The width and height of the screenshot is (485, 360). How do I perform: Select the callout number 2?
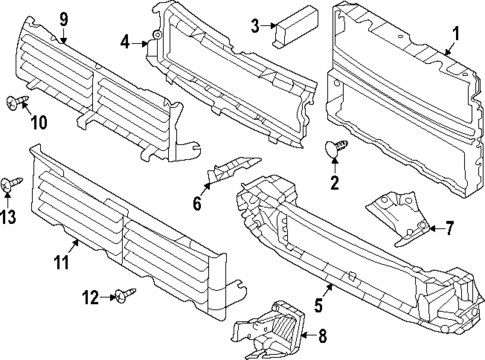click(x=335, y=182)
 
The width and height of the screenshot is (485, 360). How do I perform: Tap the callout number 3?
click(x=255, y=25)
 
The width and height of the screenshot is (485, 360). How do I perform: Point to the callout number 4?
click(x=125, y=42)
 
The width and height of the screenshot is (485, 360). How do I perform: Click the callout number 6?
click(x=197, y=203)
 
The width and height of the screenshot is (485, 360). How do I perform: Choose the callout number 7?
click(x=448, y=228)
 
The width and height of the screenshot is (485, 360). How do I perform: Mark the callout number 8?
click(x=321, y=337)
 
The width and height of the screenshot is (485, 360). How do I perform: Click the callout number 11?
click(x=61, y=263)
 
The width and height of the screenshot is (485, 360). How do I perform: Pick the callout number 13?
click(x=8, y=218)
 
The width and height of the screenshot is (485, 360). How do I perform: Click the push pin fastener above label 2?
click(x=337, y=150)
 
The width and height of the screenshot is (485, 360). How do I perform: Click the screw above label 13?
click(x=14, y=182)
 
